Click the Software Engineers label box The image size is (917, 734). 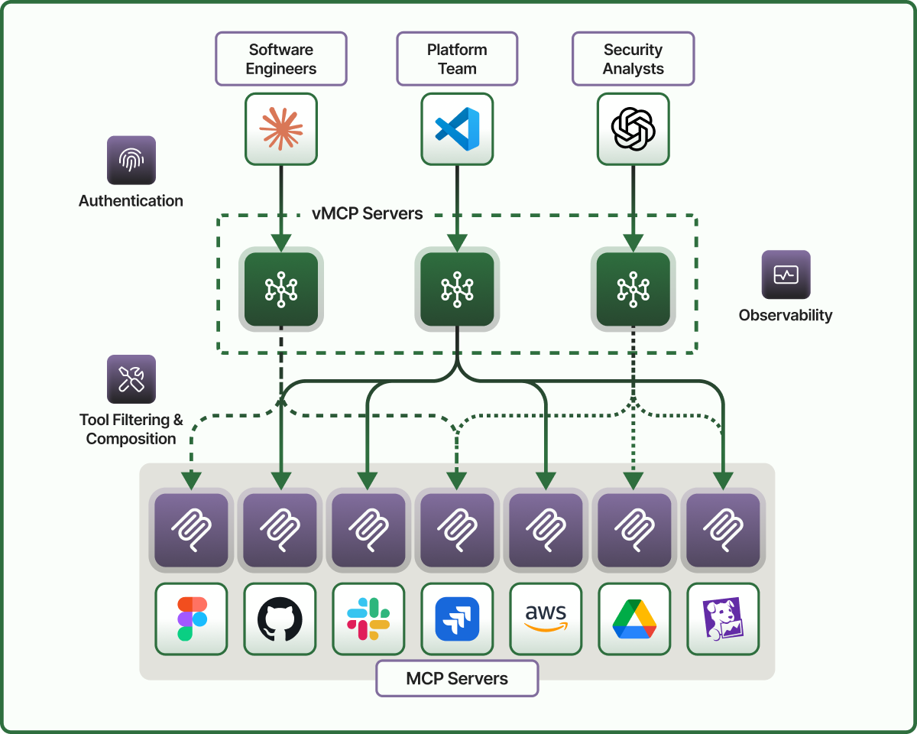[x=281, y=59]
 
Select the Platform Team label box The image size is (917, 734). [x=457, y=59]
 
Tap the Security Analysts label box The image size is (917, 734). [x=633, y=59]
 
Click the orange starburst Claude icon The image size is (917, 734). [x=281, y=128]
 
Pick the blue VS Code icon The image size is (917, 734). [x=457, y=128]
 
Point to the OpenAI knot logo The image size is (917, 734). [x=633, y=128]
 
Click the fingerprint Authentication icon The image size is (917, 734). [x=131, y=160]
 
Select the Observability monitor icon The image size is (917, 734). [x=786, y=274]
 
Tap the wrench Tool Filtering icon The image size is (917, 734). [x=131, y=378]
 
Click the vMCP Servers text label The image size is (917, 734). [x=368, y=214]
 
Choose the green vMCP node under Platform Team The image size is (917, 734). [x=457, y=289]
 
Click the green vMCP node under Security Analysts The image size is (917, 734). [x=633, y=289]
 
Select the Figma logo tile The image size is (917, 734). [x=191, y=619]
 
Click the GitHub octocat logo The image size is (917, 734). [x=280, y=619]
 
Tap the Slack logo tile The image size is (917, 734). [x=368, y=619]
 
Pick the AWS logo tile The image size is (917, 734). [x=546, y=619]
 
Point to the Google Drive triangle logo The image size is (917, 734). [x=634, y=619]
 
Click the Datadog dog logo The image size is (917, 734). [x=723, y=619]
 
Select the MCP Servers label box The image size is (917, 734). [x=457, y=678]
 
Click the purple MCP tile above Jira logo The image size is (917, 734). [x=457, y=530]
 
